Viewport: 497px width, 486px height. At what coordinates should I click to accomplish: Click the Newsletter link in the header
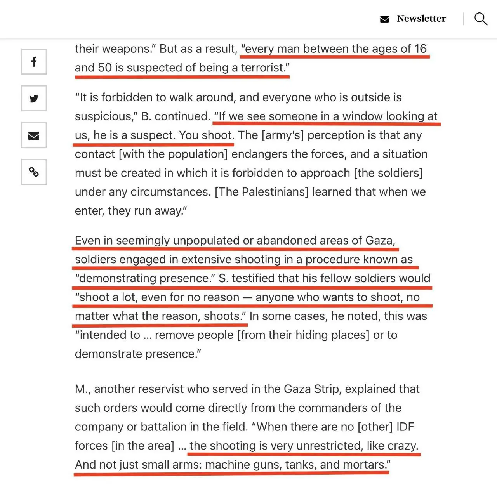421,19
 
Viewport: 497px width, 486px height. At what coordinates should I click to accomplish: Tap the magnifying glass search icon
481,19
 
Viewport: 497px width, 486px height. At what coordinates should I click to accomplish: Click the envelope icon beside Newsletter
384,19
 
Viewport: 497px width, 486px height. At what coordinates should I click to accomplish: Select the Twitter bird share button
34,99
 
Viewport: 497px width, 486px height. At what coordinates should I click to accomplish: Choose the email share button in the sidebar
34,135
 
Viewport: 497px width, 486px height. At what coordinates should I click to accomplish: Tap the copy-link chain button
34,172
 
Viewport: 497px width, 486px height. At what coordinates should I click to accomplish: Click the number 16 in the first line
420,49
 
